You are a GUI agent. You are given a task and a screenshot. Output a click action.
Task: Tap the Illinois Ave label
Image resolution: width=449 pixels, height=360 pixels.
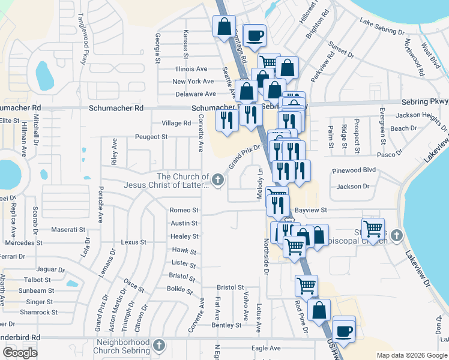coord(191,69)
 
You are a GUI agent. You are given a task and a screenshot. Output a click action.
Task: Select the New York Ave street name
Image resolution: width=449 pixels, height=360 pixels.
coord(193,82)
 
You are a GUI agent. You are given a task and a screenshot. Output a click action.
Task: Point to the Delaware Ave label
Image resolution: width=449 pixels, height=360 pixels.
coord(195,94)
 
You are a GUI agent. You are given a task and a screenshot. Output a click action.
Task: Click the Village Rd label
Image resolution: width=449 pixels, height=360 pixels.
coord(176,123)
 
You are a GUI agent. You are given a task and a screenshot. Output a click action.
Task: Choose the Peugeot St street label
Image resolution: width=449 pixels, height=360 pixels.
coord(151,137)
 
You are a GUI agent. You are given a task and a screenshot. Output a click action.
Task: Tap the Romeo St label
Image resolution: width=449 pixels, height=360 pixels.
coord(184,211)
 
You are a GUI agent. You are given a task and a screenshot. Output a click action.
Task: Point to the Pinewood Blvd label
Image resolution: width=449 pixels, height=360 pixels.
coord(354,170)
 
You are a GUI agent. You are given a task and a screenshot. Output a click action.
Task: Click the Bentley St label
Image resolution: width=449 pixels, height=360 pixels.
coord(226,325)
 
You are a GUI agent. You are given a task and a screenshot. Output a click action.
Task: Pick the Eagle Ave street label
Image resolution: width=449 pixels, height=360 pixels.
coord(266,348)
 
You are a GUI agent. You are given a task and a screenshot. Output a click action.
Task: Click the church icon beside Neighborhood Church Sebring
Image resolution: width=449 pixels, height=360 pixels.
coord(158,346)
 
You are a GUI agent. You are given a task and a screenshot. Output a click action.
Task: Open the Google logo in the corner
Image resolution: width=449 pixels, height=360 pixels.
coord(20,353)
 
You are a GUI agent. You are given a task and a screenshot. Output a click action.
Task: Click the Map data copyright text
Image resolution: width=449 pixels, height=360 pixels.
coord(411,355)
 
